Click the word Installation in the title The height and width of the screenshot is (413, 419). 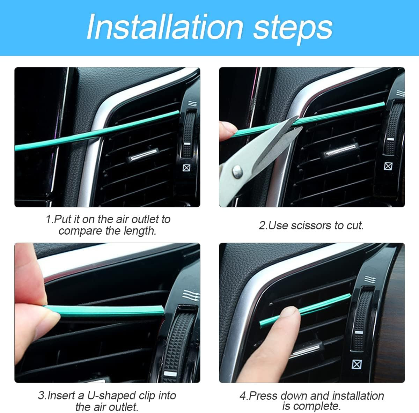click(x=164, y=28)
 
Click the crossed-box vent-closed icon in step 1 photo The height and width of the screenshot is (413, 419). click(x=187, y=168)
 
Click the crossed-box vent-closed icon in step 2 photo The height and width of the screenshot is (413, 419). click(x=388, y=165)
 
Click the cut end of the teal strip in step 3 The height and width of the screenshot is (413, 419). click(x=161, y=309)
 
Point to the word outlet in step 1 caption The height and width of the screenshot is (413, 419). click(x=144, y=219)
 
